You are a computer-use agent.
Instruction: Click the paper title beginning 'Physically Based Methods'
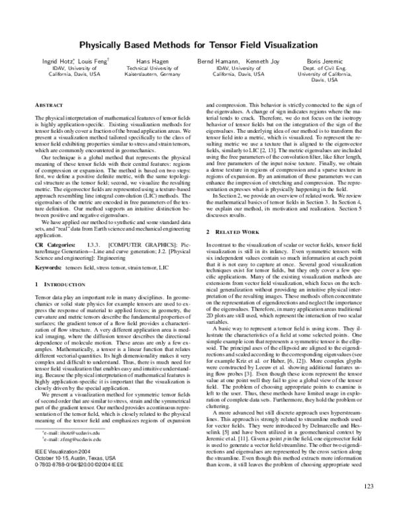click(x=198, y=46)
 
